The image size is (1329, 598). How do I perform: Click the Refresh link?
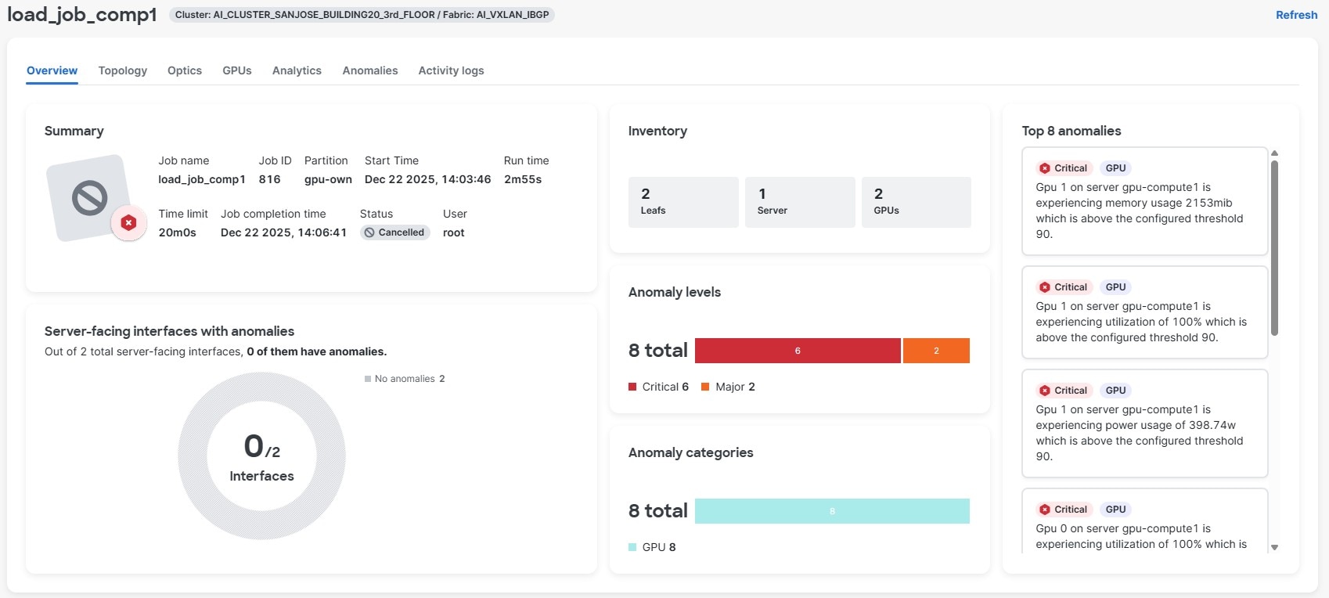tap(1296, 15)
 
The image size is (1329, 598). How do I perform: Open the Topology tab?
tap(123, 70)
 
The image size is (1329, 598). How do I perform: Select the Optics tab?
tap(185, 70)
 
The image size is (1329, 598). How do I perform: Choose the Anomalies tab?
tap(370, 70)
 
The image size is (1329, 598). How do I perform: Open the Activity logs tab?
tap(451, 70)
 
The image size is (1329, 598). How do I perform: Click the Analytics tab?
tap(297, 70)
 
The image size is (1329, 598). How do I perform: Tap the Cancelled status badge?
tap(394, 232)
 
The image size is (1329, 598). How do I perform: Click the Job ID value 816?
tap(269, 179)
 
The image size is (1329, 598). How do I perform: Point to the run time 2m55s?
tap(523, 179)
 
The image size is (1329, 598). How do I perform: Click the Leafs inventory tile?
tap(683, 202)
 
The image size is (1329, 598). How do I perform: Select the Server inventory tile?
tap(799, 202)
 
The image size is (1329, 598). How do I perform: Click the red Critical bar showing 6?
tap(797, 351)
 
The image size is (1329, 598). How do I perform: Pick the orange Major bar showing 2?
tap(936, 351)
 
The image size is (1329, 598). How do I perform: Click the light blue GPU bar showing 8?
tap(831, 511)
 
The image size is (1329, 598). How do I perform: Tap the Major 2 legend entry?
tap(728, 387)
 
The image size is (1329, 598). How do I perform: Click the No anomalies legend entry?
tap(405, 379)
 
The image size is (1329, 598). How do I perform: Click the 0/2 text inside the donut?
tap(261, 447)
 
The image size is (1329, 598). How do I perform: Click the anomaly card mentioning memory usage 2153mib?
tap(1144, 201)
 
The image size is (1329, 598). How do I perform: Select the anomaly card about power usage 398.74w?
tap(1144, 423)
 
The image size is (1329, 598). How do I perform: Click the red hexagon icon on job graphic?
tap(129, 223)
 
